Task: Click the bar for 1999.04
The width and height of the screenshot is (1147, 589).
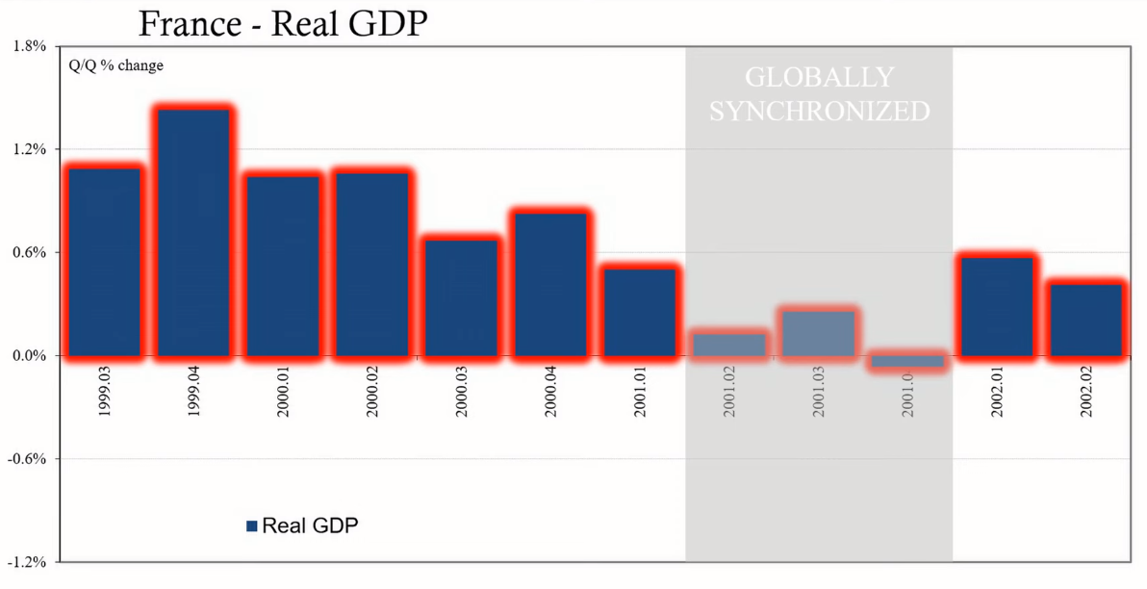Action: pos(194,232)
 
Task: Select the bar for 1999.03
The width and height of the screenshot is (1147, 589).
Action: pos(105,262)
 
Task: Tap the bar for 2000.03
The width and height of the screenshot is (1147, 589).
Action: pos(462,297)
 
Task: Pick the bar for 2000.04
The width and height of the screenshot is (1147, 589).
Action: pos(551,284)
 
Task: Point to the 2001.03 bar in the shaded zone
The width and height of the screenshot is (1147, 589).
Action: pos(818,333)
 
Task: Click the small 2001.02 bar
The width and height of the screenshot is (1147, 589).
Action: pos(729,345)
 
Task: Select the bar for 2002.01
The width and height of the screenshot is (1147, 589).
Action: pos(996,306)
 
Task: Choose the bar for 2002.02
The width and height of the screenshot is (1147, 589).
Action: pos(1085,320)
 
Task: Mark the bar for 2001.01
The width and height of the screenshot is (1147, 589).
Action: pos(640,312)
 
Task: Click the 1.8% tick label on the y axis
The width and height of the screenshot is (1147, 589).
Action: pos(29,46)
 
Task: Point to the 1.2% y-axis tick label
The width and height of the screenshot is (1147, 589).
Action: pos(29,149)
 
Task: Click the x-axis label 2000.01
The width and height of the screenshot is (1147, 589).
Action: pos(282,395)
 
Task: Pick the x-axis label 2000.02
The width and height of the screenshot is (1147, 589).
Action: pos(371,395)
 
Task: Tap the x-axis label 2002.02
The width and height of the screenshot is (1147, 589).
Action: pos(1085,395)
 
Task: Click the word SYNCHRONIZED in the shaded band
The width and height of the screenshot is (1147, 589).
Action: pos(820,111)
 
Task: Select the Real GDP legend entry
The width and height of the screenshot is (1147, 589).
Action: pos(302,525)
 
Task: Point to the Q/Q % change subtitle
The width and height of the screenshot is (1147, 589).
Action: pos(115,66)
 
